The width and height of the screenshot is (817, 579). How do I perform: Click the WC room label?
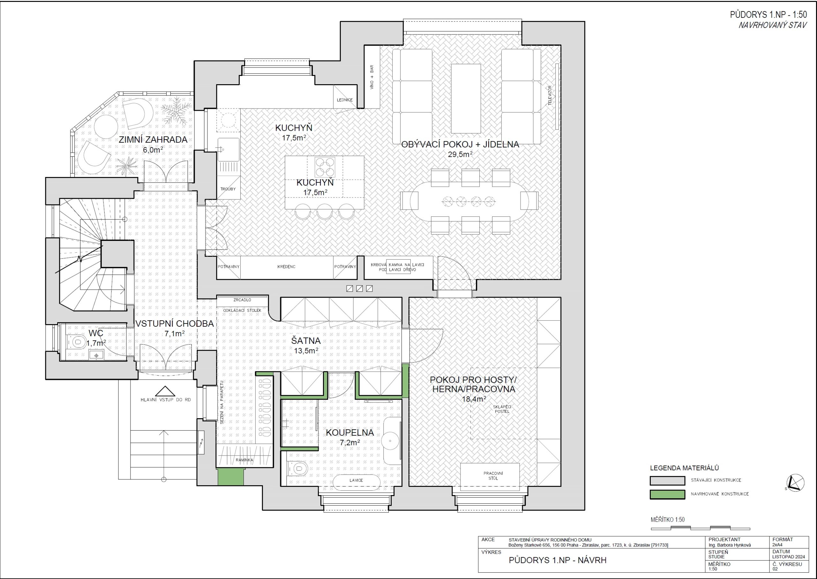pos(96,333)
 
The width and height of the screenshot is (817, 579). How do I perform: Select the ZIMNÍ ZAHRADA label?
pos(153,139)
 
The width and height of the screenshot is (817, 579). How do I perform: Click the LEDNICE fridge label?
pos(345,100)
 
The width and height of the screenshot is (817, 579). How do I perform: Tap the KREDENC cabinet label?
pos(286,267)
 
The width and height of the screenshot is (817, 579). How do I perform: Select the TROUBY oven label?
pos(228,189)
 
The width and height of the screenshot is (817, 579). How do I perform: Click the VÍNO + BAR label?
pos(371,77)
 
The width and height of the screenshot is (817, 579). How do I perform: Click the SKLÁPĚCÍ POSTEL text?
pos(502,409)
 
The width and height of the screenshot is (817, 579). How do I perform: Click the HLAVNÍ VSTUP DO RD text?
pos(166,400)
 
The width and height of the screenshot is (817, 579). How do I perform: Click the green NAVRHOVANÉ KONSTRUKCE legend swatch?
pos(667,494)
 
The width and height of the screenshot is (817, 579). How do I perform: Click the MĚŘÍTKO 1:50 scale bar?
pos(701,528)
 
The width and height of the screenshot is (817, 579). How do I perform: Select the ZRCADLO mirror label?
pos(242,300)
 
